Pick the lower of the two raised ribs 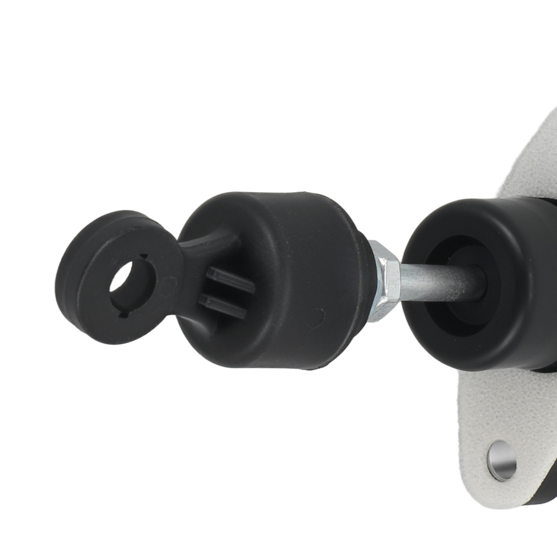(223, 307)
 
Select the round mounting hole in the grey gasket (501, 461)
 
